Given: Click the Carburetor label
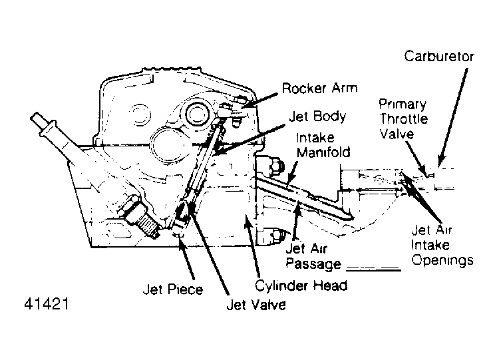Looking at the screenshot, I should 439,56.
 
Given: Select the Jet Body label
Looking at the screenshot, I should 317,116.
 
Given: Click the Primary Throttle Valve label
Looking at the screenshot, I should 403,120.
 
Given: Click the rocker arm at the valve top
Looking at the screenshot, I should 233,110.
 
